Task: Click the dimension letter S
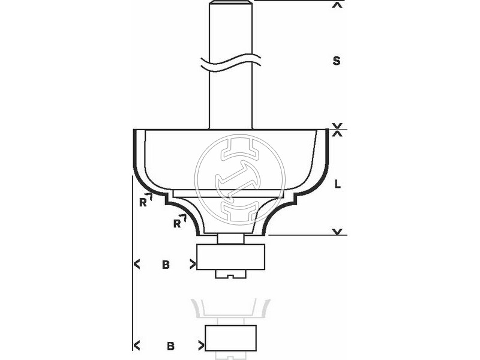pos(337,61)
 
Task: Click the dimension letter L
pos(337,185)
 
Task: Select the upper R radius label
pos(143,202)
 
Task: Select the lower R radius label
pos(177,223)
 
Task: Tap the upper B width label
pos(166,263)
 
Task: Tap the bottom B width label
pos(171,346)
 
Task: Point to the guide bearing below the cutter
pos(230,257)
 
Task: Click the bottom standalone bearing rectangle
pos(231,338)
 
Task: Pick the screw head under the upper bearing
pos(230,274)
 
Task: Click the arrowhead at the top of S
pos(338,5)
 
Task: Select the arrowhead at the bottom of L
pos(338,231)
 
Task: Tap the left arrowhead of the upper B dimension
pos(137,263)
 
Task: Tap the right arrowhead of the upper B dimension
pos(193,263)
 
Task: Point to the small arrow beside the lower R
pos(184,217)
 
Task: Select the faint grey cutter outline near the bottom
pos(230,309)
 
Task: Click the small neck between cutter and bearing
pos(230,238)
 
